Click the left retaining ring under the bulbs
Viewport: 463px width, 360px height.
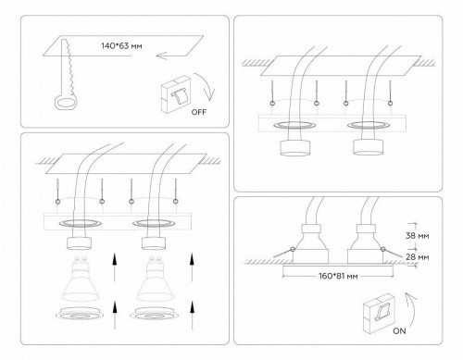coord(79,318)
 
